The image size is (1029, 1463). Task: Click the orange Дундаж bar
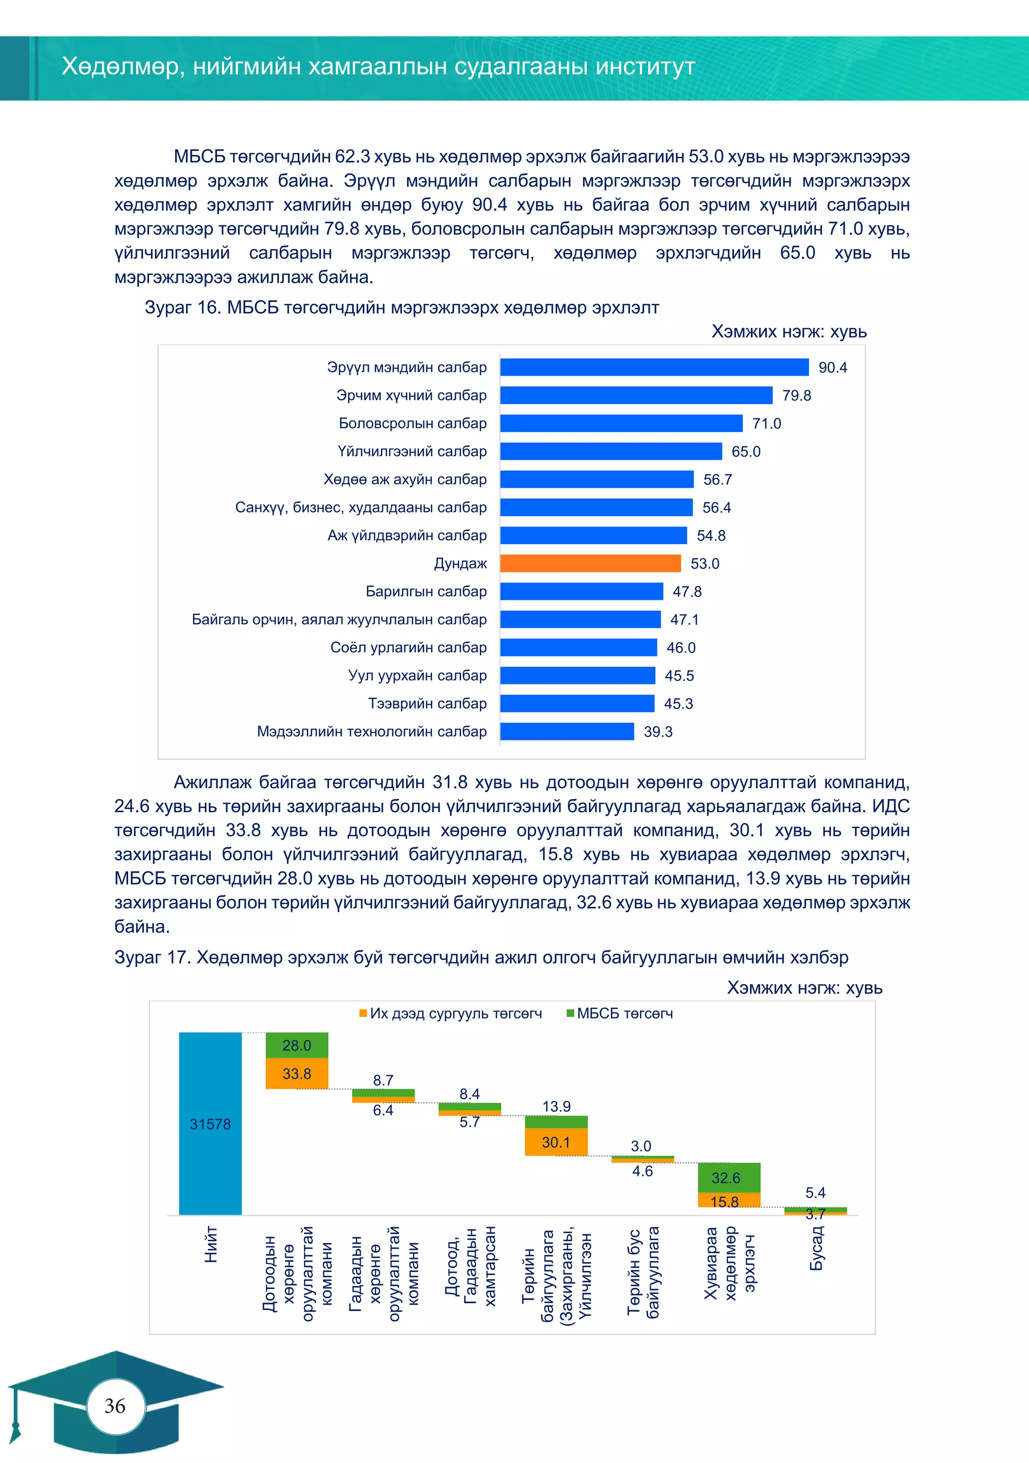pos(590,563)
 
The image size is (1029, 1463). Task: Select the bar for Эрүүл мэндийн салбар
pos(654,367)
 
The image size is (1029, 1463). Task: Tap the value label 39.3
pos(658,731)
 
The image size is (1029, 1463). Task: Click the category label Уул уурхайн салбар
pos(417,675)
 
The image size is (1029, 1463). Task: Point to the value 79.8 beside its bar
pos(796,396)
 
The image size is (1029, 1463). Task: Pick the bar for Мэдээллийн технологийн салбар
pos(567,731)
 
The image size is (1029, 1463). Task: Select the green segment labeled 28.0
pos(297,1046)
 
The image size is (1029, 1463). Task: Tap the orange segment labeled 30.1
pos(556,1143)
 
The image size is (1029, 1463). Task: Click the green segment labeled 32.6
pos(729,1177)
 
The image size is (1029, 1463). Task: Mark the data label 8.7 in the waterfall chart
pos(383,1080)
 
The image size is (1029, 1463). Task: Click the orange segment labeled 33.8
pos(297,1074)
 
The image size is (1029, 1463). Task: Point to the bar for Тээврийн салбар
pos(577,704)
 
